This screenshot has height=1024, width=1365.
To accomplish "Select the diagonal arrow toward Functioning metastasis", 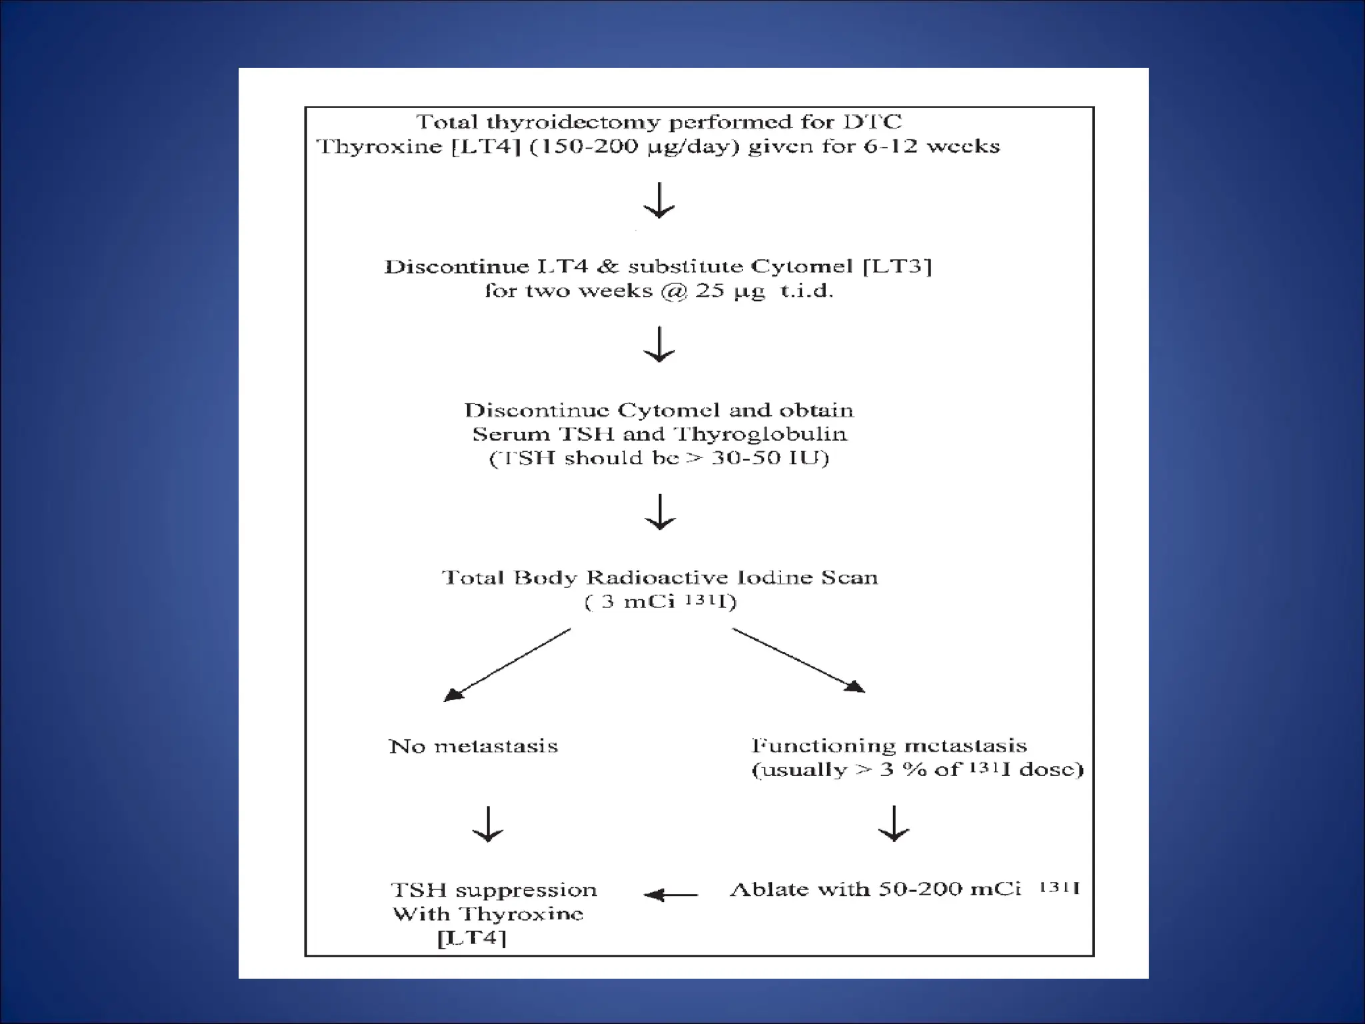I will tap(798, 660).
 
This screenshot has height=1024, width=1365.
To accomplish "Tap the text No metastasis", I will tap(473, 746).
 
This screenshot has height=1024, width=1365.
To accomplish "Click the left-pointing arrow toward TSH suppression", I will tap(671, 895).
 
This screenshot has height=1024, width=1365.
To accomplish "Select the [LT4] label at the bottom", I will tap(472, 939).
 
